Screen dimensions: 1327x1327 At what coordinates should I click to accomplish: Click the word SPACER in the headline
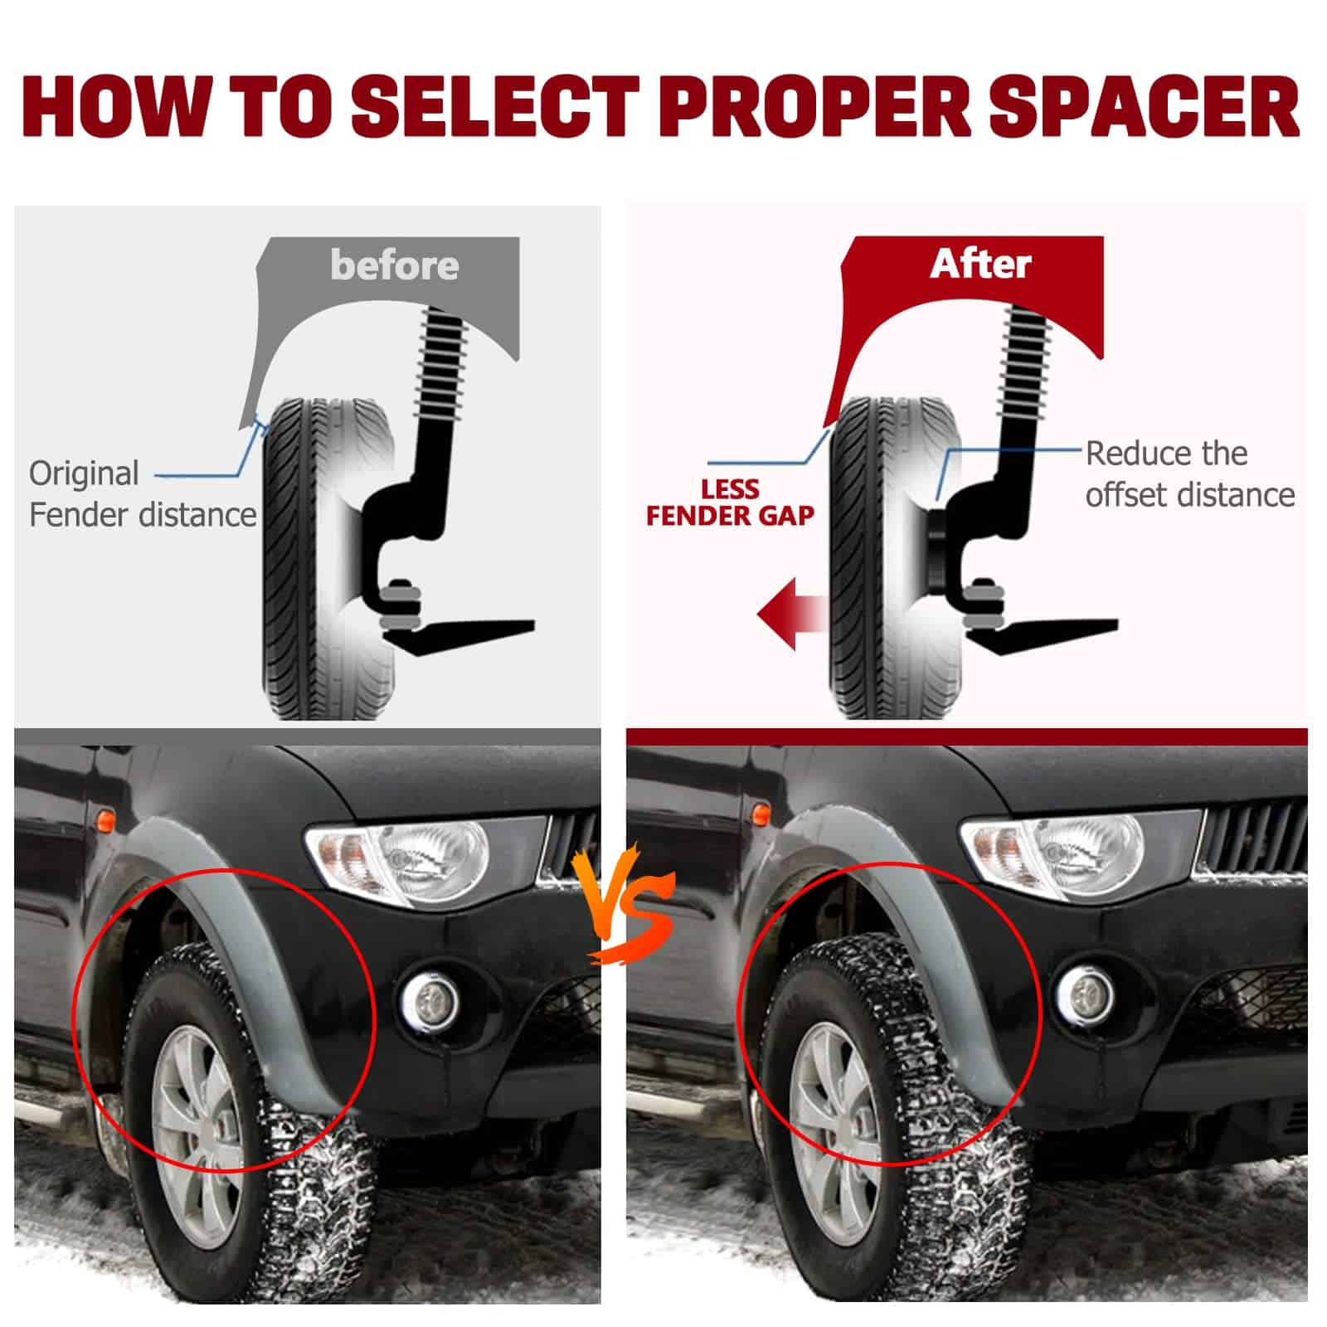1145,107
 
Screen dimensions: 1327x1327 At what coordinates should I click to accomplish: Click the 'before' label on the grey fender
394,265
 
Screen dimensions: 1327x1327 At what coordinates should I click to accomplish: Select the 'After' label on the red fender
980,264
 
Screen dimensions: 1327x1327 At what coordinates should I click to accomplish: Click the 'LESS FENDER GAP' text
730,503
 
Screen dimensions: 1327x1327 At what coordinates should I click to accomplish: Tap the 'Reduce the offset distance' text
1190,474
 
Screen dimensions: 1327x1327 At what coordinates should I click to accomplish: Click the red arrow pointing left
793,614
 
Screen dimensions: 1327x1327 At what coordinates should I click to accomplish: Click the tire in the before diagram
328,559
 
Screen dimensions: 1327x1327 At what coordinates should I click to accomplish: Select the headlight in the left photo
425,863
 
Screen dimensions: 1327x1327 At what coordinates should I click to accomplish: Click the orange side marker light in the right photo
756,814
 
